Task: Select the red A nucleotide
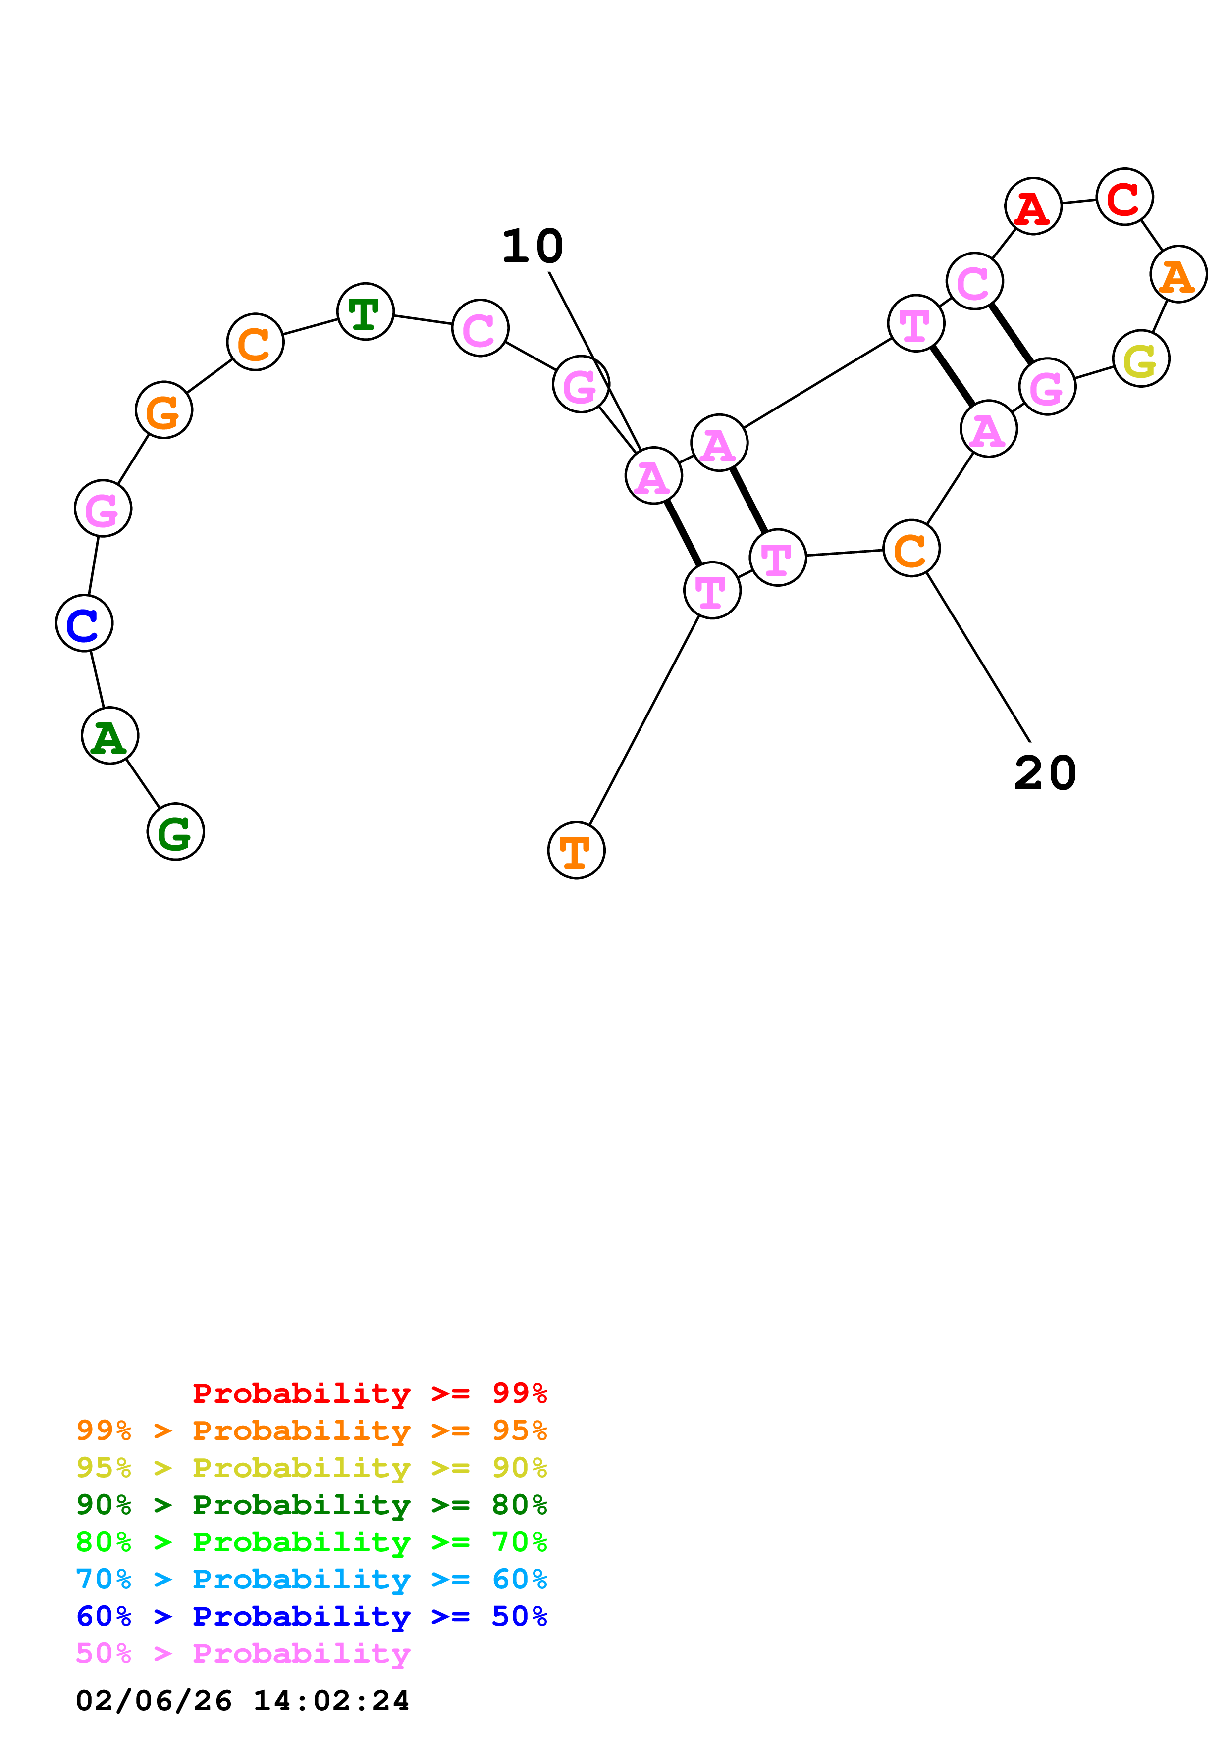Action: pos(1033,206)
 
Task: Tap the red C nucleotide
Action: pos(1124,197)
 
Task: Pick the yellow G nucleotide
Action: pos(1141,358)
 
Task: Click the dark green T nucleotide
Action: pos(366,311)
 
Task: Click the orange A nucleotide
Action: pos(1178,274)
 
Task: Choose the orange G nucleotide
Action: pos(163,410)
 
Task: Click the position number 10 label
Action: pos(533,247)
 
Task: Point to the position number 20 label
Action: pos(1045,773)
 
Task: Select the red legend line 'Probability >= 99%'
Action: pos(369,1393)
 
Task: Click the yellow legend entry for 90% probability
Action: pos(312,1468)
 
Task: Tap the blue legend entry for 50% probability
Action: pos(312,1616)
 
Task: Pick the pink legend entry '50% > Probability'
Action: pos(243,1654)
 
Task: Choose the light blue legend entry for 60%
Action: pos(312,1579)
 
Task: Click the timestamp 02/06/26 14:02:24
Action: pos(242,1701)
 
